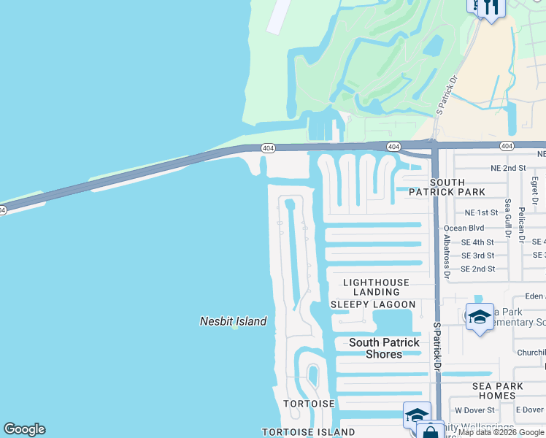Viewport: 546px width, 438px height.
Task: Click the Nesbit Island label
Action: [234, 321]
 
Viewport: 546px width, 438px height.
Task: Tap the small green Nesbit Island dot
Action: [234, 328]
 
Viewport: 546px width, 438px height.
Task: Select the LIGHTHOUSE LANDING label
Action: [376, 287]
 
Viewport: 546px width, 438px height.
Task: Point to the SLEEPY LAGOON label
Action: [373, 304]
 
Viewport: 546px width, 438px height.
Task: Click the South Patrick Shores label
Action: [384, 348]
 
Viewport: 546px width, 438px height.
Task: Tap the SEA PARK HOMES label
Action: [499, 391]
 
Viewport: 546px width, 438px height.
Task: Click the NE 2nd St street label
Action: [509, 168]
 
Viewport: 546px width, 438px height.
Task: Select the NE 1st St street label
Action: [481, 212]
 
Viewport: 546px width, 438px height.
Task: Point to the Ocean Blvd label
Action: [464, 228]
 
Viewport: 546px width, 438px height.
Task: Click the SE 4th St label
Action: [477, 242]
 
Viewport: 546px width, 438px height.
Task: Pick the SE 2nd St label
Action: [477, 269]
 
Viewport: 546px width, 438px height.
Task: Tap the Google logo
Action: [24, 429]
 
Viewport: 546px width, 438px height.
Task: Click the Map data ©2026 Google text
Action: [500, 433]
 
